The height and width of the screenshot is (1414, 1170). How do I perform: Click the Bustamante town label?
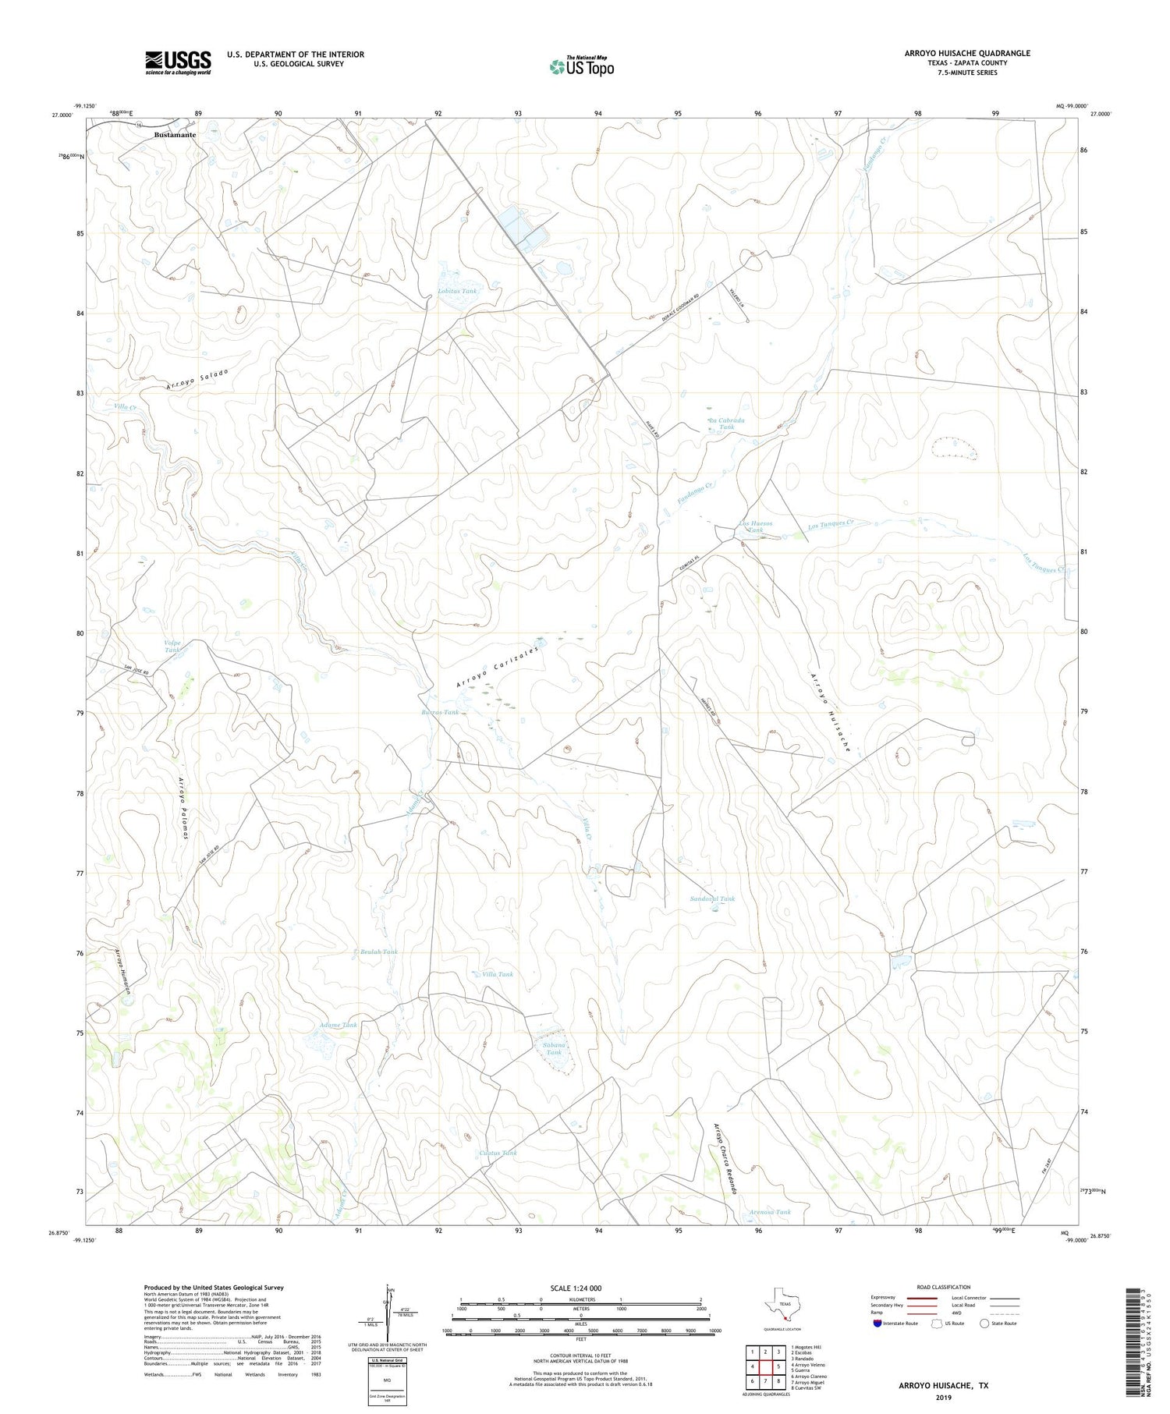[175, 134]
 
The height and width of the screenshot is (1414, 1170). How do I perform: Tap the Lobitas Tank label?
[456, 291]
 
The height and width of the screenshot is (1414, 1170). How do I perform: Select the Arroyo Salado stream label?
[197, 379]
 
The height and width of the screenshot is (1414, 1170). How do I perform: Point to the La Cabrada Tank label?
[725, 423]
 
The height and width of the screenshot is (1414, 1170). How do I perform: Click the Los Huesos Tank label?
[755, 526]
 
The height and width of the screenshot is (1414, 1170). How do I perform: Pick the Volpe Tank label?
[172, 646]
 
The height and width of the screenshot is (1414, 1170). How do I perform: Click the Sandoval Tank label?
[712, 898]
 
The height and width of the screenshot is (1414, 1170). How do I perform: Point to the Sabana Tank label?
[553, 1048]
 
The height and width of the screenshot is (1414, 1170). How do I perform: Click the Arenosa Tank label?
[769, 1211]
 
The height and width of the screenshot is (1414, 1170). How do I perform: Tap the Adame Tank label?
[339, 1024]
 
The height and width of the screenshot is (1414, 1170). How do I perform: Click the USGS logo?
[178, 62]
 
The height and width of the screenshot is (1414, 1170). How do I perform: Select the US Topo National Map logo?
[582, 66]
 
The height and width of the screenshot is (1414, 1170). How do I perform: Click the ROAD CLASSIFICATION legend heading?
[943, 1287]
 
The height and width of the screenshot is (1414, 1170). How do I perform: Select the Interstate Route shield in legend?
[877, 1323]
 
